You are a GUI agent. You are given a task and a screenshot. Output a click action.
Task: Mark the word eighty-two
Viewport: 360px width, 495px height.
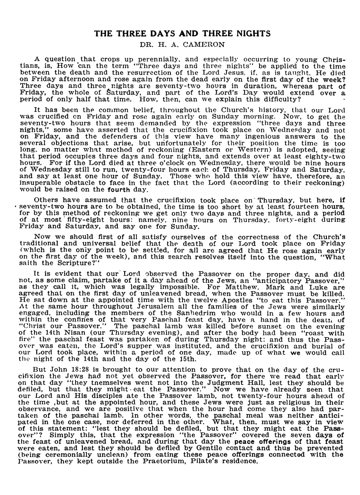pyautogui.click(x=324, y=157)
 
